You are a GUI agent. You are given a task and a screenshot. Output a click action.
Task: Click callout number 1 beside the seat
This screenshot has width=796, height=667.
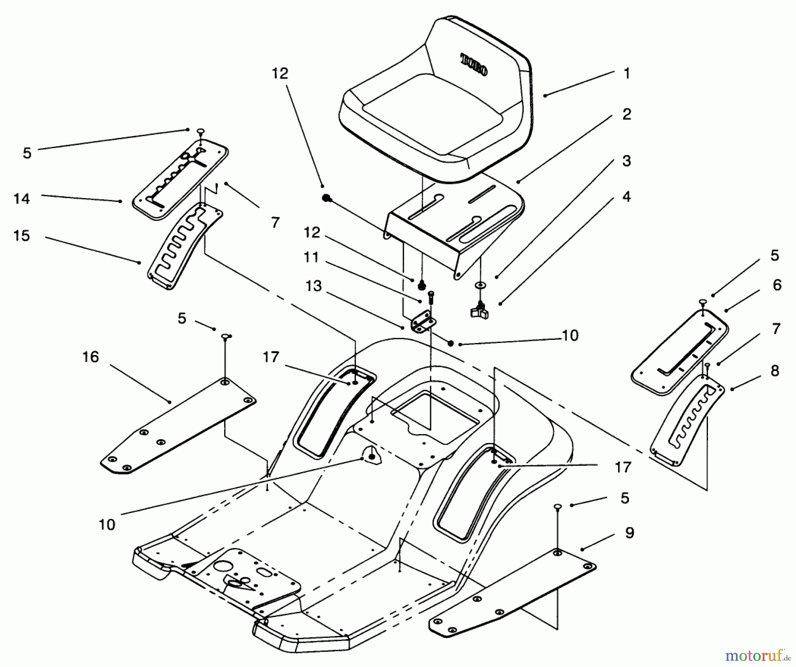point(626,73)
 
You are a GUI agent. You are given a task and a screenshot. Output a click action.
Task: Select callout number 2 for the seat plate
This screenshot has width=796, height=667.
point(626,114)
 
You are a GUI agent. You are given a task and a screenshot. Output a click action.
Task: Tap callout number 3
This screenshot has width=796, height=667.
point(626,161)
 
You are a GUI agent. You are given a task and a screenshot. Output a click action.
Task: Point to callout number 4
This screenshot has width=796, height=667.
point(626,197)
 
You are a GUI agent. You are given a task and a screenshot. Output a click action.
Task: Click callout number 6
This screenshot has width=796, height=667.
point(777,285)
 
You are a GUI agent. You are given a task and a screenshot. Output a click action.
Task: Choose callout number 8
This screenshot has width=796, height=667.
point(774,371)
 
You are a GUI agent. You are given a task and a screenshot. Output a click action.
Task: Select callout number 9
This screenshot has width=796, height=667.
point(629,533)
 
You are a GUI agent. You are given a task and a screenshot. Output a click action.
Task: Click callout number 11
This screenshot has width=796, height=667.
point(311,257)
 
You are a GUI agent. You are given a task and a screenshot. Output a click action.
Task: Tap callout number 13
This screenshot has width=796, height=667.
point(314,286)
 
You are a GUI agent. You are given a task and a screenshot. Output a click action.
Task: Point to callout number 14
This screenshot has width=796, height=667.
point(22,199)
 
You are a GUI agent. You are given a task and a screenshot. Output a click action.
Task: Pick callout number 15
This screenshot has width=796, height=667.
point(22,236)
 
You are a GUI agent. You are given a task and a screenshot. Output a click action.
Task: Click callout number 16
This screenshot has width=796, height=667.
point(91,357)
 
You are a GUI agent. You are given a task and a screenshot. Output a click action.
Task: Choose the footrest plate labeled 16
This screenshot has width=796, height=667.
point(177,427)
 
